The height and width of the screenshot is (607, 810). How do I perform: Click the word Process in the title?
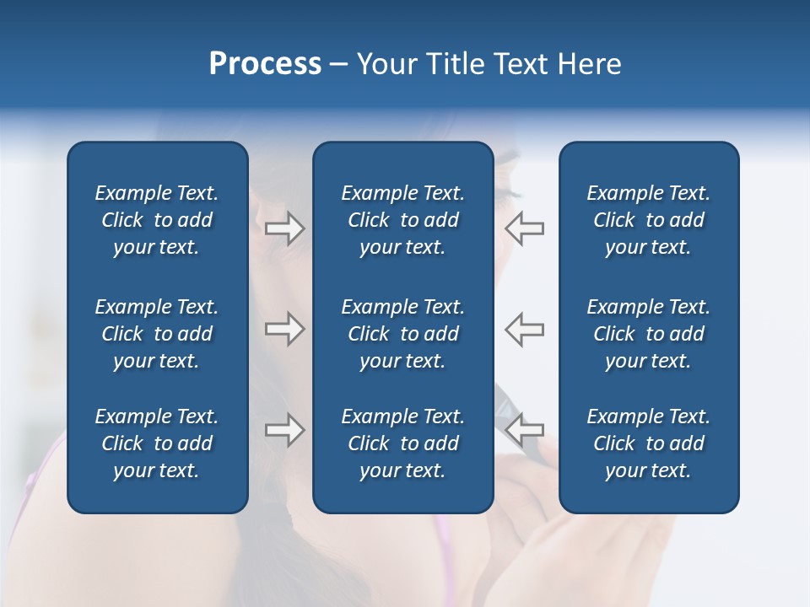point(265,64)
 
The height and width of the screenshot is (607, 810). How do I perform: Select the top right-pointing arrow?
point(285,228)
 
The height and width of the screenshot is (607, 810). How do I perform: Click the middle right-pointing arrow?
point(285,329)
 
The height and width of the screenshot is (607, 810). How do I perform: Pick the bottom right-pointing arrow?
point(285,430)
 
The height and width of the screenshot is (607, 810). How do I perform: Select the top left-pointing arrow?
point(525,228)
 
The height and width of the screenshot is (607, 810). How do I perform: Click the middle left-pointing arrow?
point(525,329)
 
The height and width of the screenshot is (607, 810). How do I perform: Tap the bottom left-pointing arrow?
point(525,430)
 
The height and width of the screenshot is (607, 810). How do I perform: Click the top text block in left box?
point(157,220)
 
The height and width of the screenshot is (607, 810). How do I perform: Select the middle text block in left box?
point(157,334)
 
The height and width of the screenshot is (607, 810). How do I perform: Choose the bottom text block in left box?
point(157,443)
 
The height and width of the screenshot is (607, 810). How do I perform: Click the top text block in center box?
point(402,220)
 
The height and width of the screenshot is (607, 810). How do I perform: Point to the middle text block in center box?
point(402,334)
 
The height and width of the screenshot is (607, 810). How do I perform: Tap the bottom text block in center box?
point(402,443)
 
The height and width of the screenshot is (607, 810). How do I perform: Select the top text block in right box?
point(648,220)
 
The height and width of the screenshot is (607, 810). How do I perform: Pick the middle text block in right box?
point(648,334)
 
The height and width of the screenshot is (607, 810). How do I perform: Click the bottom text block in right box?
point(648,443)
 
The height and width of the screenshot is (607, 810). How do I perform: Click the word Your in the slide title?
point(386,64)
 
